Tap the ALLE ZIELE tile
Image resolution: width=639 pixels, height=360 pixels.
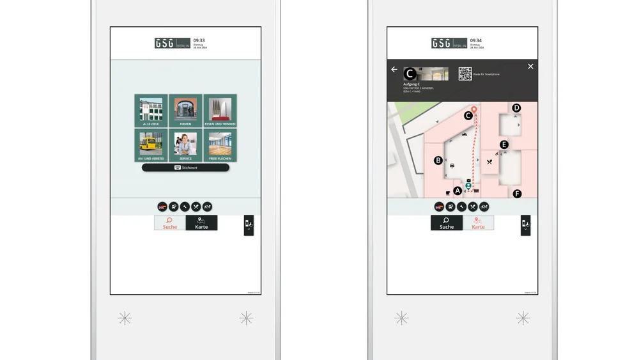tap(151, 111)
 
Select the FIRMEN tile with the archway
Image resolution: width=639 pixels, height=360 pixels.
tap(185, 111)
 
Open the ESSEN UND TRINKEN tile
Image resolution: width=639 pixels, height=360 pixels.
tap(220, 111)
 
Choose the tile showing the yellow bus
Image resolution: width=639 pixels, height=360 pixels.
tap(151, 145)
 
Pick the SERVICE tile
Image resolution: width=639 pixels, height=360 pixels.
tap(185, 145)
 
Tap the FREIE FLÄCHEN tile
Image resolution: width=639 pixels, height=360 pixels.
tap(220, 145)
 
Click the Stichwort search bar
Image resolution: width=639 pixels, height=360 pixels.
tap(185, 168)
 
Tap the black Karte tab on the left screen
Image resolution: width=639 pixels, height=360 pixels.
tap(201, 223)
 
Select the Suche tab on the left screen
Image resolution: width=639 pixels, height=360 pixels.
tap(170, 223)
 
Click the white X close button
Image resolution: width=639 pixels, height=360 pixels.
tap(530, 67)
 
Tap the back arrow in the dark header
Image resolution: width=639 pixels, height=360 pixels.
tap(394, 69)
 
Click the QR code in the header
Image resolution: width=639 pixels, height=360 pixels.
tap(465, 74)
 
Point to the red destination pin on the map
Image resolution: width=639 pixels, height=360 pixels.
tap(474, 110)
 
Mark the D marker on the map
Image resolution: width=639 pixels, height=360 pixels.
tap(516, 108)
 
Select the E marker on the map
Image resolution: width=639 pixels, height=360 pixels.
tap(504, 145)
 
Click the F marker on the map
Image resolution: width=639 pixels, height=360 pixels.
tap(518, 194)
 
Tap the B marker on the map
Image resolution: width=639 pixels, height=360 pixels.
tap(438, 160)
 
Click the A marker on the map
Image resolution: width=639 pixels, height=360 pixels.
tap(458, 191)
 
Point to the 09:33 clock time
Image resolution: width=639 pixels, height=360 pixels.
tap(199, 41)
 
